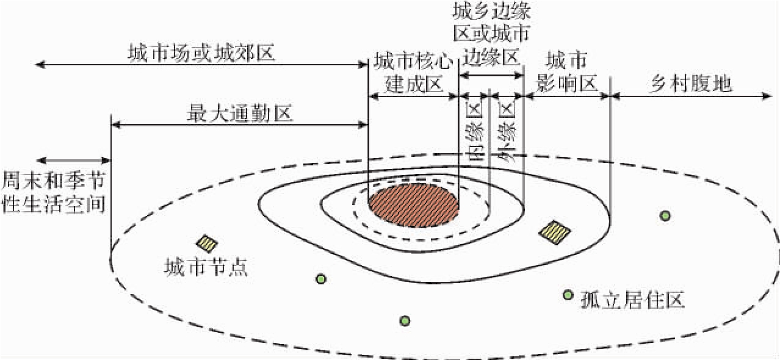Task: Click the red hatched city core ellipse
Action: click(413, 204)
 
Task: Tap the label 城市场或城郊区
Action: click(201, 53)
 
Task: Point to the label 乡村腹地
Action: click(690, 84)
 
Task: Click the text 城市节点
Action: click(206, 267)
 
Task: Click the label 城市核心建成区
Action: click(413, 72)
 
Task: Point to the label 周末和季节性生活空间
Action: click(54, 192)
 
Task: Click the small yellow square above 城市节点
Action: click(207, 244)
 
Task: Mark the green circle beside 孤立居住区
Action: click(568, 295)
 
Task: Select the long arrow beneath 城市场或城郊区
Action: click(201, 64)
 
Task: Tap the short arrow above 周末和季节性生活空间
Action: click(73, 160)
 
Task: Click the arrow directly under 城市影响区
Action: click(566, 95)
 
